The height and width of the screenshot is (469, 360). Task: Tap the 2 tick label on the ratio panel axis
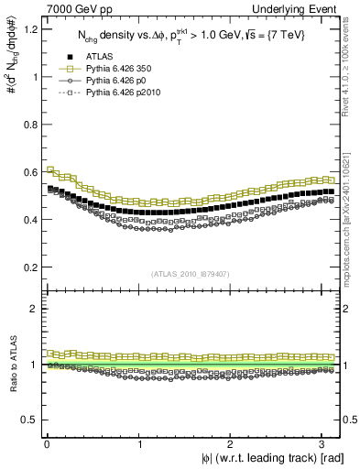tap(33, 309)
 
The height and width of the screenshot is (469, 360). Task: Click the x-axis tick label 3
tap(322, 443)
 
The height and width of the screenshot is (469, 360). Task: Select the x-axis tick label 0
tap(46, 443)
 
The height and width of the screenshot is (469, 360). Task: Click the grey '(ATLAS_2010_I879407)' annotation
tap(190, 273)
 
